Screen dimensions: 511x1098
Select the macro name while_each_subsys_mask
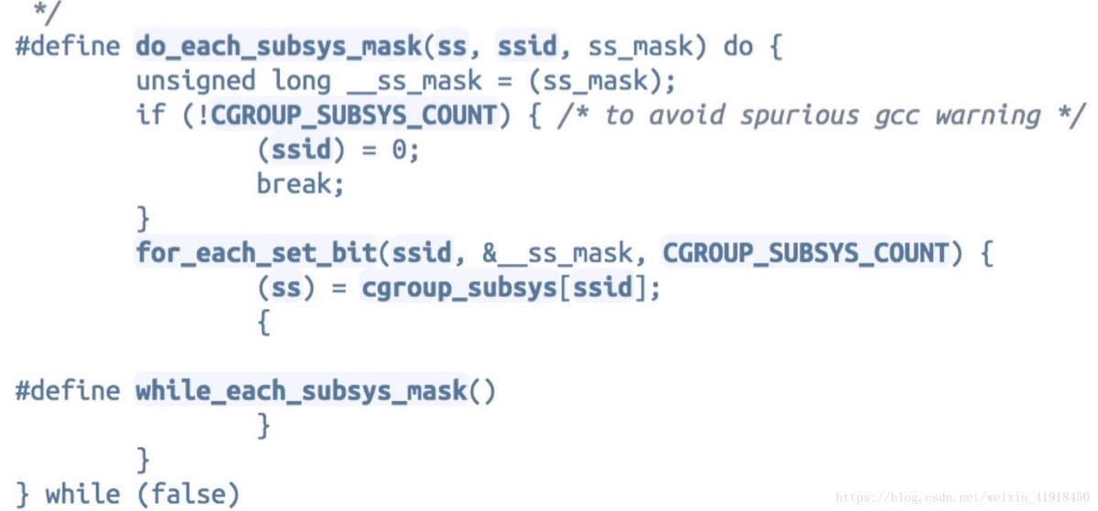point(302,391)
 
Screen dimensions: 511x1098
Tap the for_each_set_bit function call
point(255,253)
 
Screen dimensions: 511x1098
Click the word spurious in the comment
point(799,115)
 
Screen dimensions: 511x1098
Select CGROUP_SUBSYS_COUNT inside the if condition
point(353,115)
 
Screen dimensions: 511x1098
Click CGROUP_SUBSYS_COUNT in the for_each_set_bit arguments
point(805,253)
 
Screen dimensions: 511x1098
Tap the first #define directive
point(68,46)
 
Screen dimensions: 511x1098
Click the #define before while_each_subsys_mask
point(68,391)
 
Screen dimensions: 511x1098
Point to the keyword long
point(301,81)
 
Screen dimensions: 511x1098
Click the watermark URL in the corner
point(964,497)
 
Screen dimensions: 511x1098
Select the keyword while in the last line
point(82,495)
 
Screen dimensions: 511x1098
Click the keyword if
point(151,115)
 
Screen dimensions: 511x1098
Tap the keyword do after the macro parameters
point(737,46)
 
